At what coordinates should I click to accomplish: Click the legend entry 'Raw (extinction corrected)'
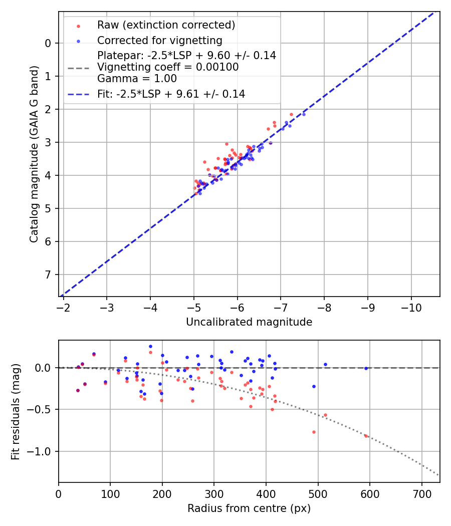[x=166, y=25]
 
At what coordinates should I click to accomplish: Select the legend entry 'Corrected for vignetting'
[x=160, y=40]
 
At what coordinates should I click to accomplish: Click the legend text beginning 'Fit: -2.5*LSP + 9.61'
[x=171, y=94]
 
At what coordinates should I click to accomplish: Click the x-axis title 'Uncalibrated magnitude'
[x=249, y=322]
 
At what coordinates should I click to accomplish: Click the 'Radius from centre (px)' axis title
[x=249, y=508]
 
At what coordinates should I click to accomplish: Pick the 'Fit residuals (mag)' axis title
[x=16, y=412]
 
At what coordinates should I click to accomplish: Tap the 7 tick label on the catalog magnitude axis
[x=48, y=275]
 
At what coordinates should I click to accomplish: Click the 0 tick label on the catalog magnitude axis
[x=48, y=43]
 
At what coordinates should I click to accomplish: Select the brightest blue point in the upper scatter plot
[x=304, y=114]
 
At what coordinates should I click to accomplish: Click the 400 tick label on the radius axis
[x=266, y=493]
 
